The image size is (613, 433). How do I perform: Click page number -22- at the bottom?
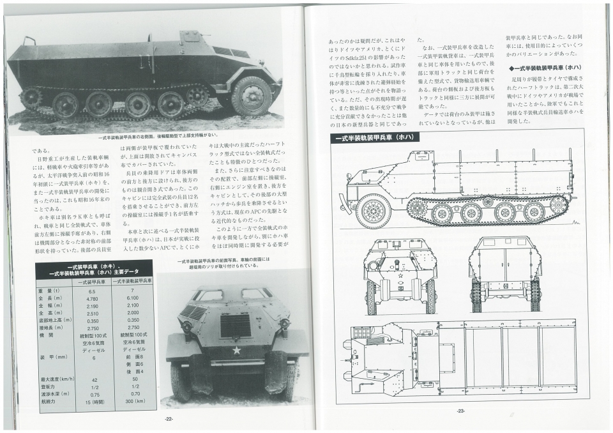click(x=169, y=418)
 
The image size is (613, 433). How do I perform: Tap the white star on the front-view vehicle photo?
click(x=236, y=350)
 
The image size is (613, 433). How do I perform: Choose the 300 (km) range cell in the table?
click(x=132, y=402)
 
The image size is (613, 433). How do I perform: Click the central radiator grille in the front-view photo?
click(x=235, y=325)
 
